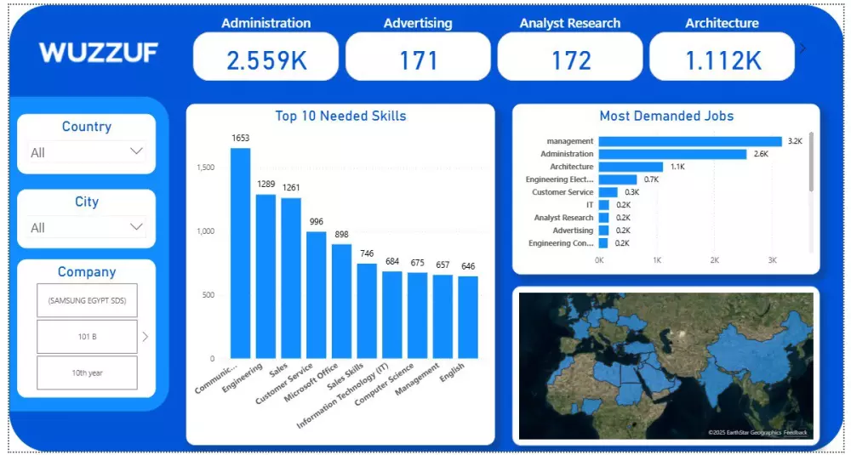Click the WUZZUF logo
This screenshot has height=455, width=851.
(98, 53)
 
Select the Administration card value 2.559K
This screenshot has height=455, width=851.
(266, 60)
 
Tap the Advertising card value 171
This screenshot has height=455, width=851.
(418, 60)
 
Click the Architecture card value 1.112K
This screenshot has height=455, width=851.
(722, 60)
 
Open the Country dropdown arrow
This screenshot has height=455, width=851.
(136, 151)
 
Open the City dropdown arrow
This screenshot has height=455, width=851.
(136, 226)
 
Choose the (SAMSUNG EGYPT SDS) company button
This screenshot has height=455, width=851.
(87, 300)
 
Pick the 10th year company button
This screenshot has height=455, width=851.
(87, 373)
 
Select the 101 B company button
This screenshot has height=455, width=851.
(87, 337)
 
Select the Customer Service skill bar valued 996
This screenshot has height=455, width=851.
(317, 294)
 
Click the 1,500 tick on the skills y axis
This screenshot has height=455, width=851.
(206, 168)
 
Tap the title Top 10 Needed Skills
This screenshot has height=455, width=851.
(340, 116)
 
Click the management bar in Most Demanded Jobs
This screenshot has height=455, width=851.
(689, 141)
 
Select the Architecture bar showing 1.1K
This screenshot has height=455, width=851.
(631, 167)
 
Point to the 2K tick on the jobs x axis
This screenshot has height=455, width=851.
(714, 260)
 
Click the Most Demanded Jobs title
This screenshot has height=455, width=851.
(666, 116)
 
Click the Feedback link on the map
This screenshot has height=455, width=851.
(796, 433)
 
